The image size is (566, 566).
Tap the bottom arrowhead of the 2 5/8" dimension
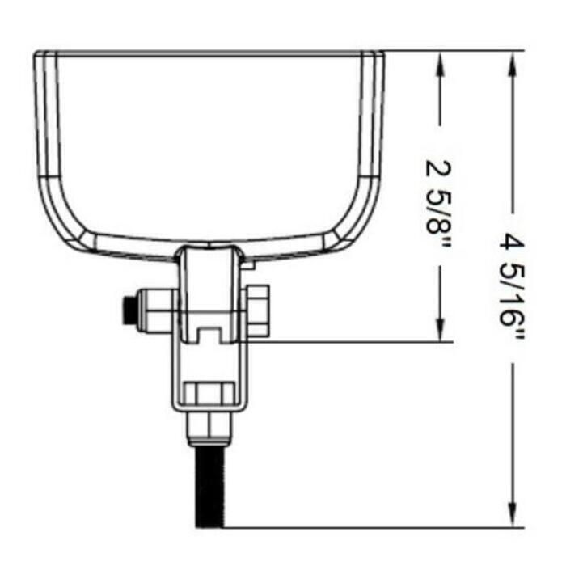(x=439, y=328)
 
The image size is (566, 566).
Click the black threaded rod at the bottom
(x=209, y=487)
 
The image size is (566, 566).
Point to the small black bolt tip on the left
(x=129, y=310)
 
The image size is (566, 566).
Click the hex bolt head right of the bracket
(x=257, y=311)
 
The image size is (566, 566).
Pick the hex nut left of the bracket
(x=158, y=311)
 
